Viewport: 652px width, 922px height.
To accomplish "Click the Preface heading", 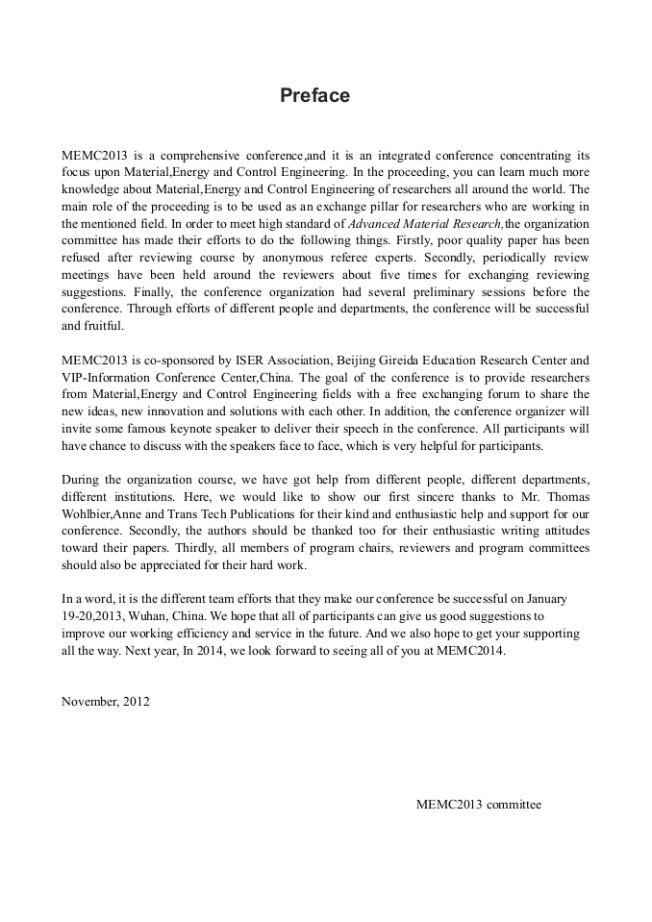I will [314, 96].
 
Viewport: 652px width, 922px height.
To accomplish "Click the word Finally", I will [154, 291].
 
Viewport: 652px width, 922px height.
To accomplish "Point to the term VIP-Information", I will [104, 377].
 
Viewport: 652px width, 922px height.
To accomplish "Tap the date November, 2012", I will [105, 701].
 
